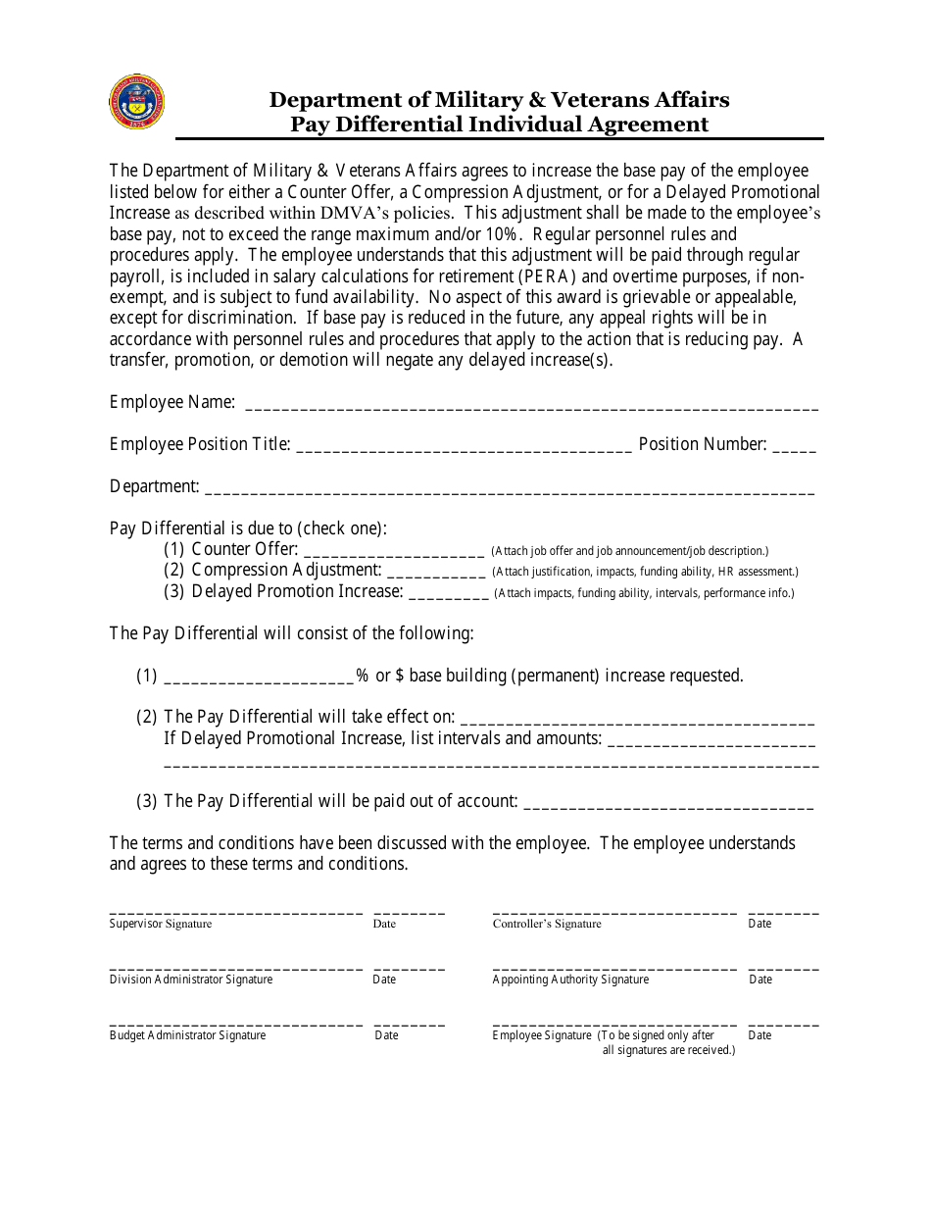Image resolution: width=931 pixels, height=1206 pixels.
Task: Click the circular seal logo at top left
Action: pyautogui.click(x=137, y=101)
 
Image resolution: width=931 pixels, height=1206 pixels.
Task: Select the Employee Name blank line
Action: pyautogui.click(x=530, y=405)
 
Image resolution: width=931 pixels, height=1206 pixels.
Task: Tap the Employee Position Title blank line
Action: pyautogui.click(x=463, y=447)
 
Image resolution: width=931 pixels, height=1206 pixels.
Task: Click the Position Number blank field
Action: pyautogui.click(x=794, y=447)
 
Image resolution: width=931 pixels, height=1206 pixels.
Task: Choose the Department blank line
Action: pyautogui.click(x=509, y=489)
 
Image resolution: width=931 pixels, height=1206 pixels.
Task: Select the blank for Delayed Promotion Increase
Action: pyautogui.click(x=448, y=594)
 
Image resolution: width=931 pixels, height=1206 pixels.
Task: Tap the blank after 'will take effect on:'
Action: pyautogui.click(x=637, y=720)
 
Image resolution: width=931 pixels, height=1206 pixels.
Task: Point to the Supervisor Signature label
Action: pyautogui.click(x=161, y=924)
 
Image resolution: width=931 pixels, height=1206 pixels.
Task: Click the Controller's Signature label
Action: pyautogui.click(x=547, y=924)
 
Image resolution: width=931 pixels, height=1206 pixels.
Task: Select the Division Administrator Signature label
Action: pyautogui.click(x=191, y=980)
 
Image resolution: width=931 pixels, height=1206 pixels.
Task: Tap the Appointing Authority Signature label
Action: pyautogui.click(x=570, y=980)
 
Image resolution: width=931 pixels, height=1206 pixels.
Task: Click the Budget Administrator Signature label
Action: pyautogui.click(x=187, y=1035)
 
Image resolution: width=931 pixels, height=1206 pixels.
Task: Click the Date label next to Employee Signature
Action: pyautogui.click(x=759, y=1035)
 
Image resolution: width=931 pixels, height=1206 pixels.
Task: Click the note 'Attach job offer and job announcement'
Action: pyautogui.click(x=629, y=551)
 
